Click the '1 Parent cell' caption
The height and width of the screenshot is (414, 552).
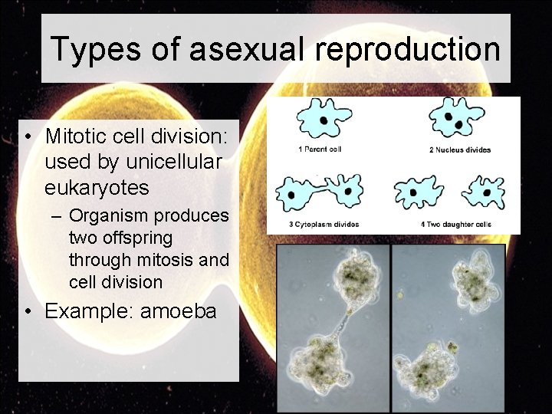(320, 149)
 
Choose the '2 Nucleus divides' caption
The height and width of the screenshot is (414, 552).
(459, 149)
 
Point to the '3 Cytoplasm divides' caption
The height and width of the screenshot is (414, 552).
(324, 224)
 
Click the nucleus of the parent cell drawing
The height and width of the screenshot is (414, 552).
(324, 120)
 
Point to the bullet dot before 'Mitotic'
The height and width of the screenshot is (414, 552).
(27, 137)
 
